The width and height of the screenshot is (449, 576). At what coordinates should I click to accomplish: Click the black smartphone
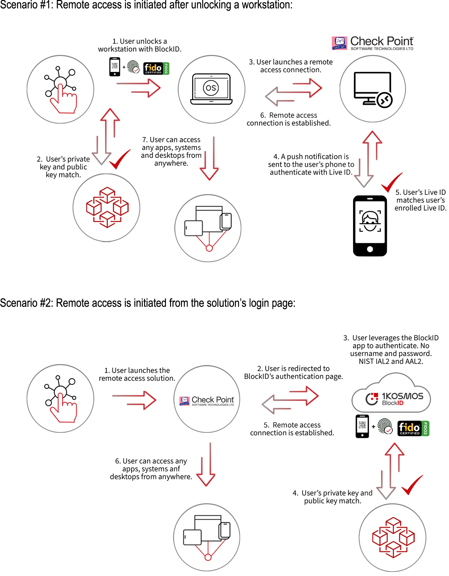coord(370,224)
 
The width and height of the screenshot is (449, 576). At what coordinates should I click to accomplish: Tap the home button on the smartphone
coord(370,249)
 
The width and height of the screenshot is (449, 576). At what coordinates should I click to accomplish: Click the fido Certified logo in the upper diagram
coord(153,68)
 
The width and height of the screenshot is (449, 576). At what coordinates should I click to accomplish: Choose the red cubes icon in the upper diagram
coord(107,207)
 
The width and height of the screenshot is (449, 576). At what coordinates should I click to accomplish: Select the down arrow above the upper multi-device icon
coord(209,158)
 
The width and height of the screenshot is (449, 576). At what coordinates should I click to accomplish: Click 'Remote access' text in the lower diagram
coord(296,425)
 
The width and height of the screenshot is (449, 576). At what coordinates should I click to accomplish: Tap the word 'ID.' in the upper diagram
coord(348,172)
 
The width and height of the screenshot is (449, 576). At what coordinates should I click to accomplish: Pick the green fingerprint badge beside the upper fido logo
coord(133,66)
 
